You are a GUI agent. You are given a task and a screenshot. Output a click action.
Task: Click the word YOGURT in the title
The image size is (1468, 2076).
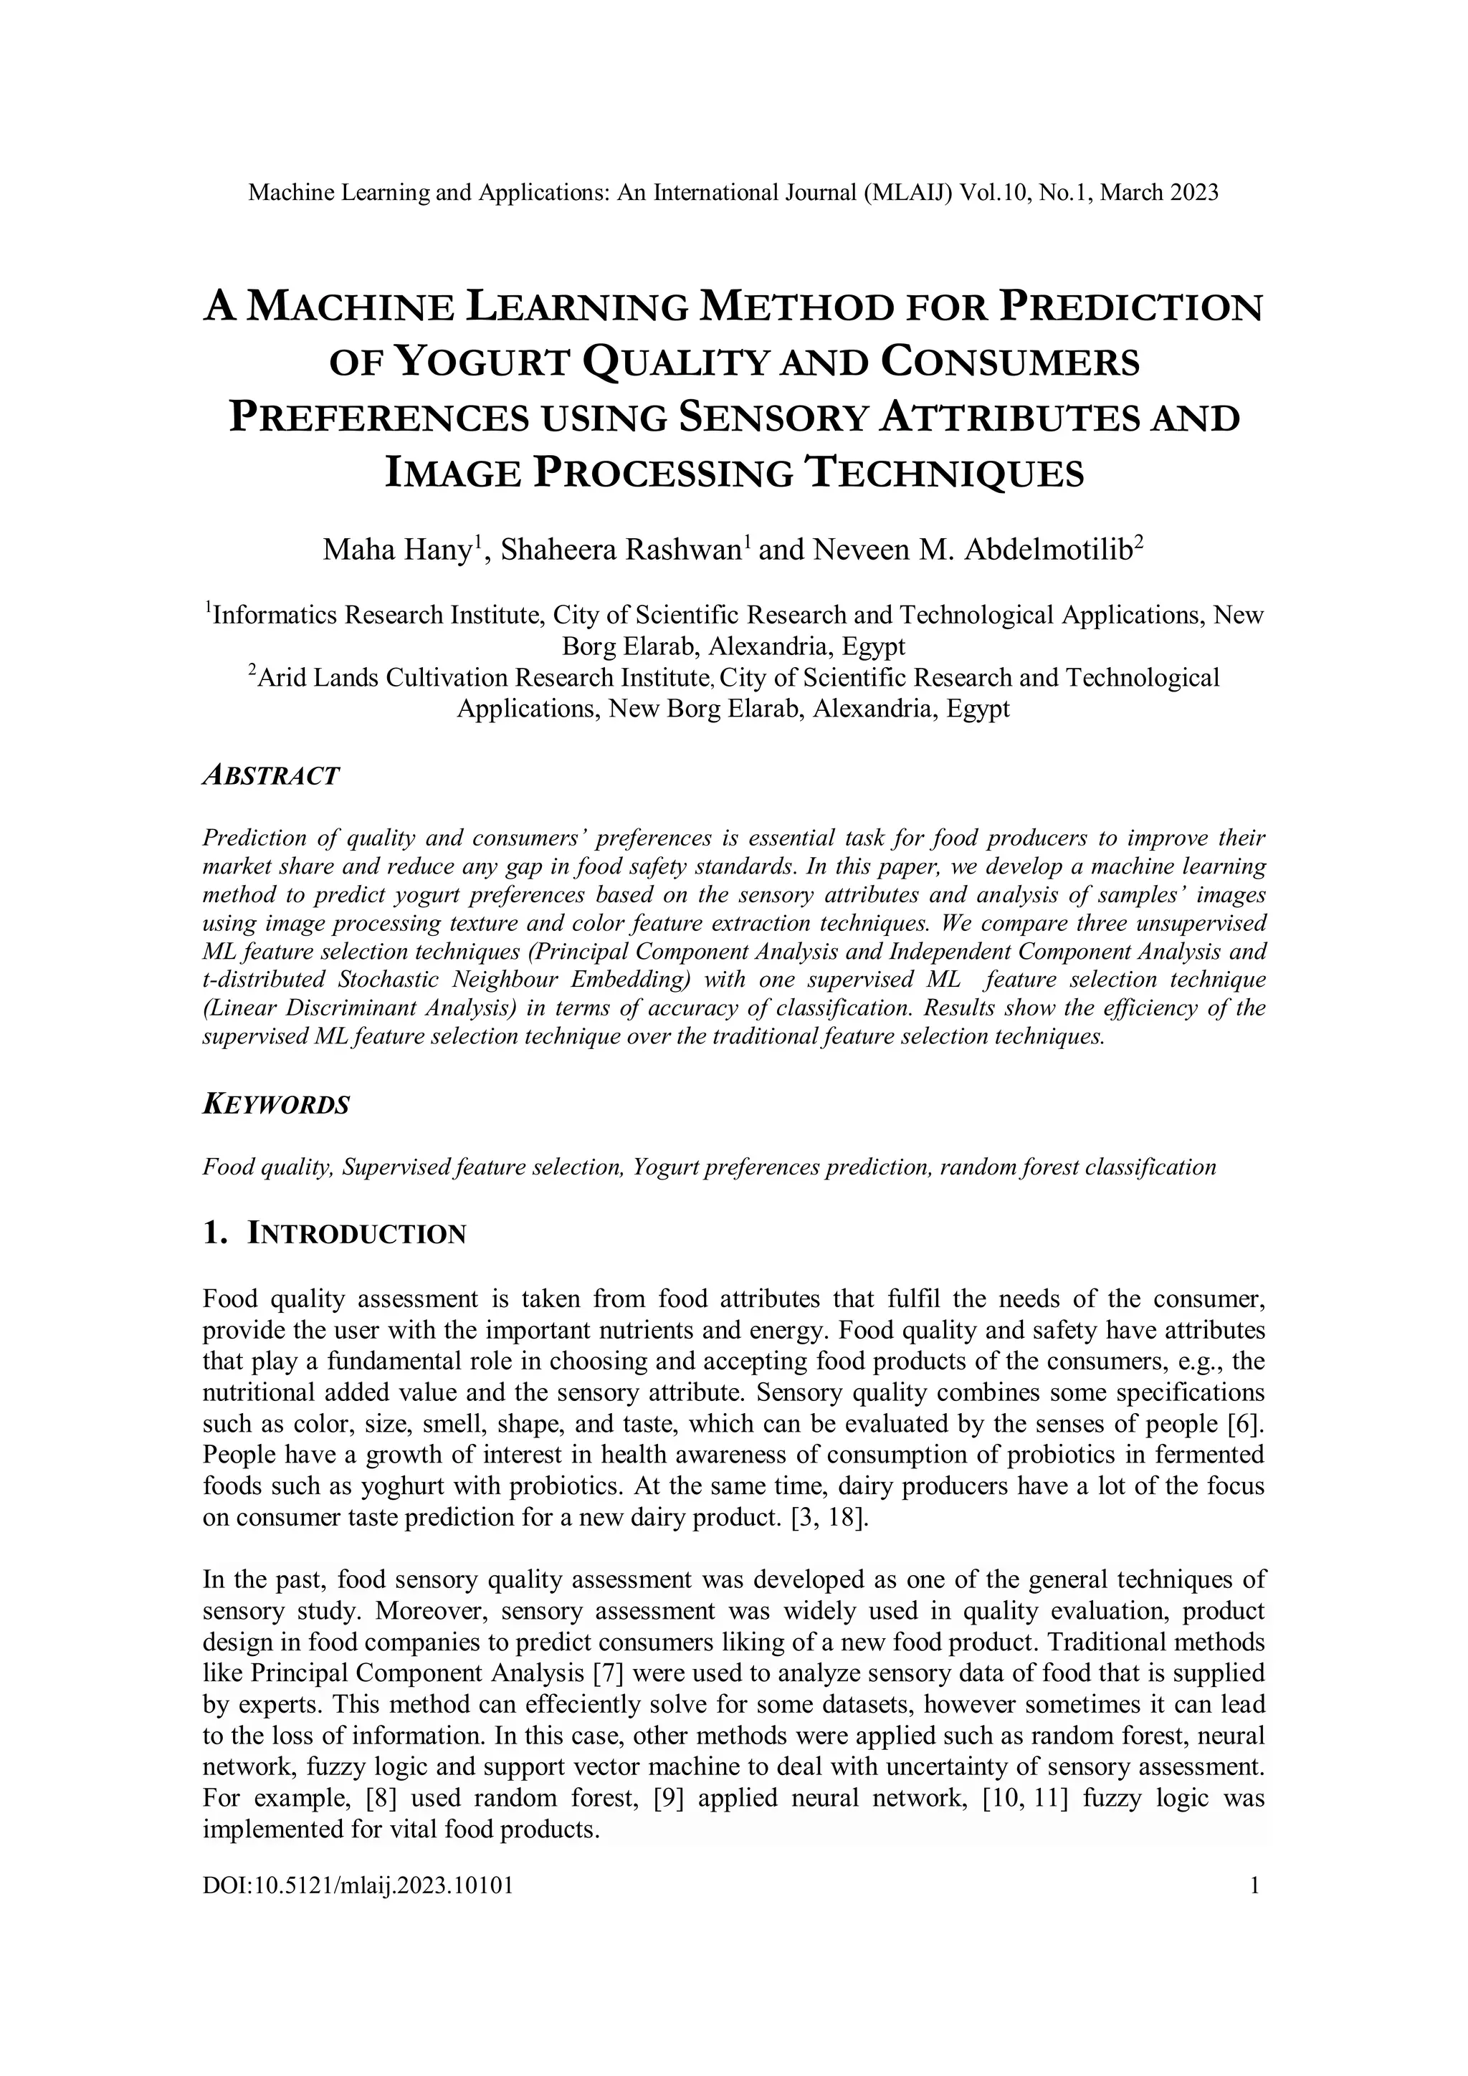pyautogui.click(x=485, y=363)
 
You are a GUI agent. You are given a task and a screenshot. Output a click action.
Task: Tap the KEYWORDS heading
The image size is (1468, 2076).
pyautogui.click(x=275, y=1105)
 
